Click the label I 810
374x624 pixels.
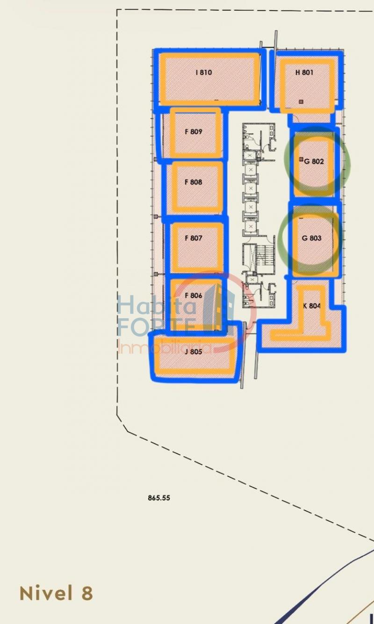204,72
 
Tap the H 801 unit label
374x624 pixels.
304,72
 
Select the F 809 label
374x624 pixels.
194,131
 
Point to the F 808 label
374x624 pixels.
194,182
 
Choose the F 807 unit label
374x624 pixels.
194,238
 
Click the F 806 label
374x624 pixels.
194,295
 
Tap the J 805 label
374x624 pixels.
194,351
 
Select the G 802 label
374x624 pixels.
314,161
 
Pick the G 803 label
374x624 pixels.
311,238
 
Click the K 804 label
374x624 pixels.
312,306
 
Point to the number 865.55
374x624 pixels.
159,498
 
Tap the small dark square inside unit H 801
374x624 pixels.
301,102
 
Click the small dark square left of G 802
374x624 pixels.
301,159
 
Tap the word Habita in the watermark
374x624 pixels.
156,305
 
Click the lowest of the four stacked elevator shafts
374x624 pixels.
251,226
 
